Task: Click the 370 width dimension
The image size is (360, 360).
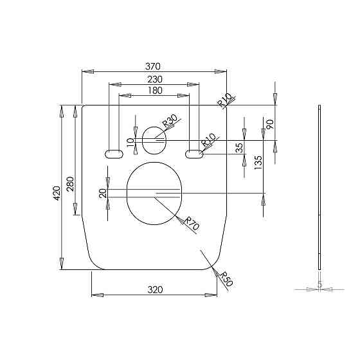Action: pyautogui.click(x=153, y=67)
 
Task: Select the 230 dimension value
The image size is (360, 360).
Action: pyautogui.click(x=155, y=80)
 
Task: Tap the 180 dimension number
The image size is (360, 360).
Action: pyautogui.click(x=155, y=91)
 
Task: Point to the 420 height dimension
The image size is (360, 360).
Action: pyautogui.click(x=57, y=193)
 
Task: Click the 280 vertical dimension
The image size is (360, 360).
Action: pyautogui.click(x=70, y=184)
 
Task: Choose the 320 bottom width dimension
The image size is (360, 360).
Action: pyautogui.click(x=155, y=290)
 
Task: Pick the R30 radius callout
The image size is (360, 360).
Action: pyautogui.click(x=170, y=121)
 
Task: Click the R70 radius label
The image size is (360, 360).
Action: pyautogui.click(x=192, y=224)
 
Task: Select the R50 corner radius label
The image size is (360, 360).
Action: pyautogui.click(x=226, y=279)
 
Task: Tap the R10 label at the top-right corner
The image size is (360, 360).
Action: pyautogui.click(x=225, y=100)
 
